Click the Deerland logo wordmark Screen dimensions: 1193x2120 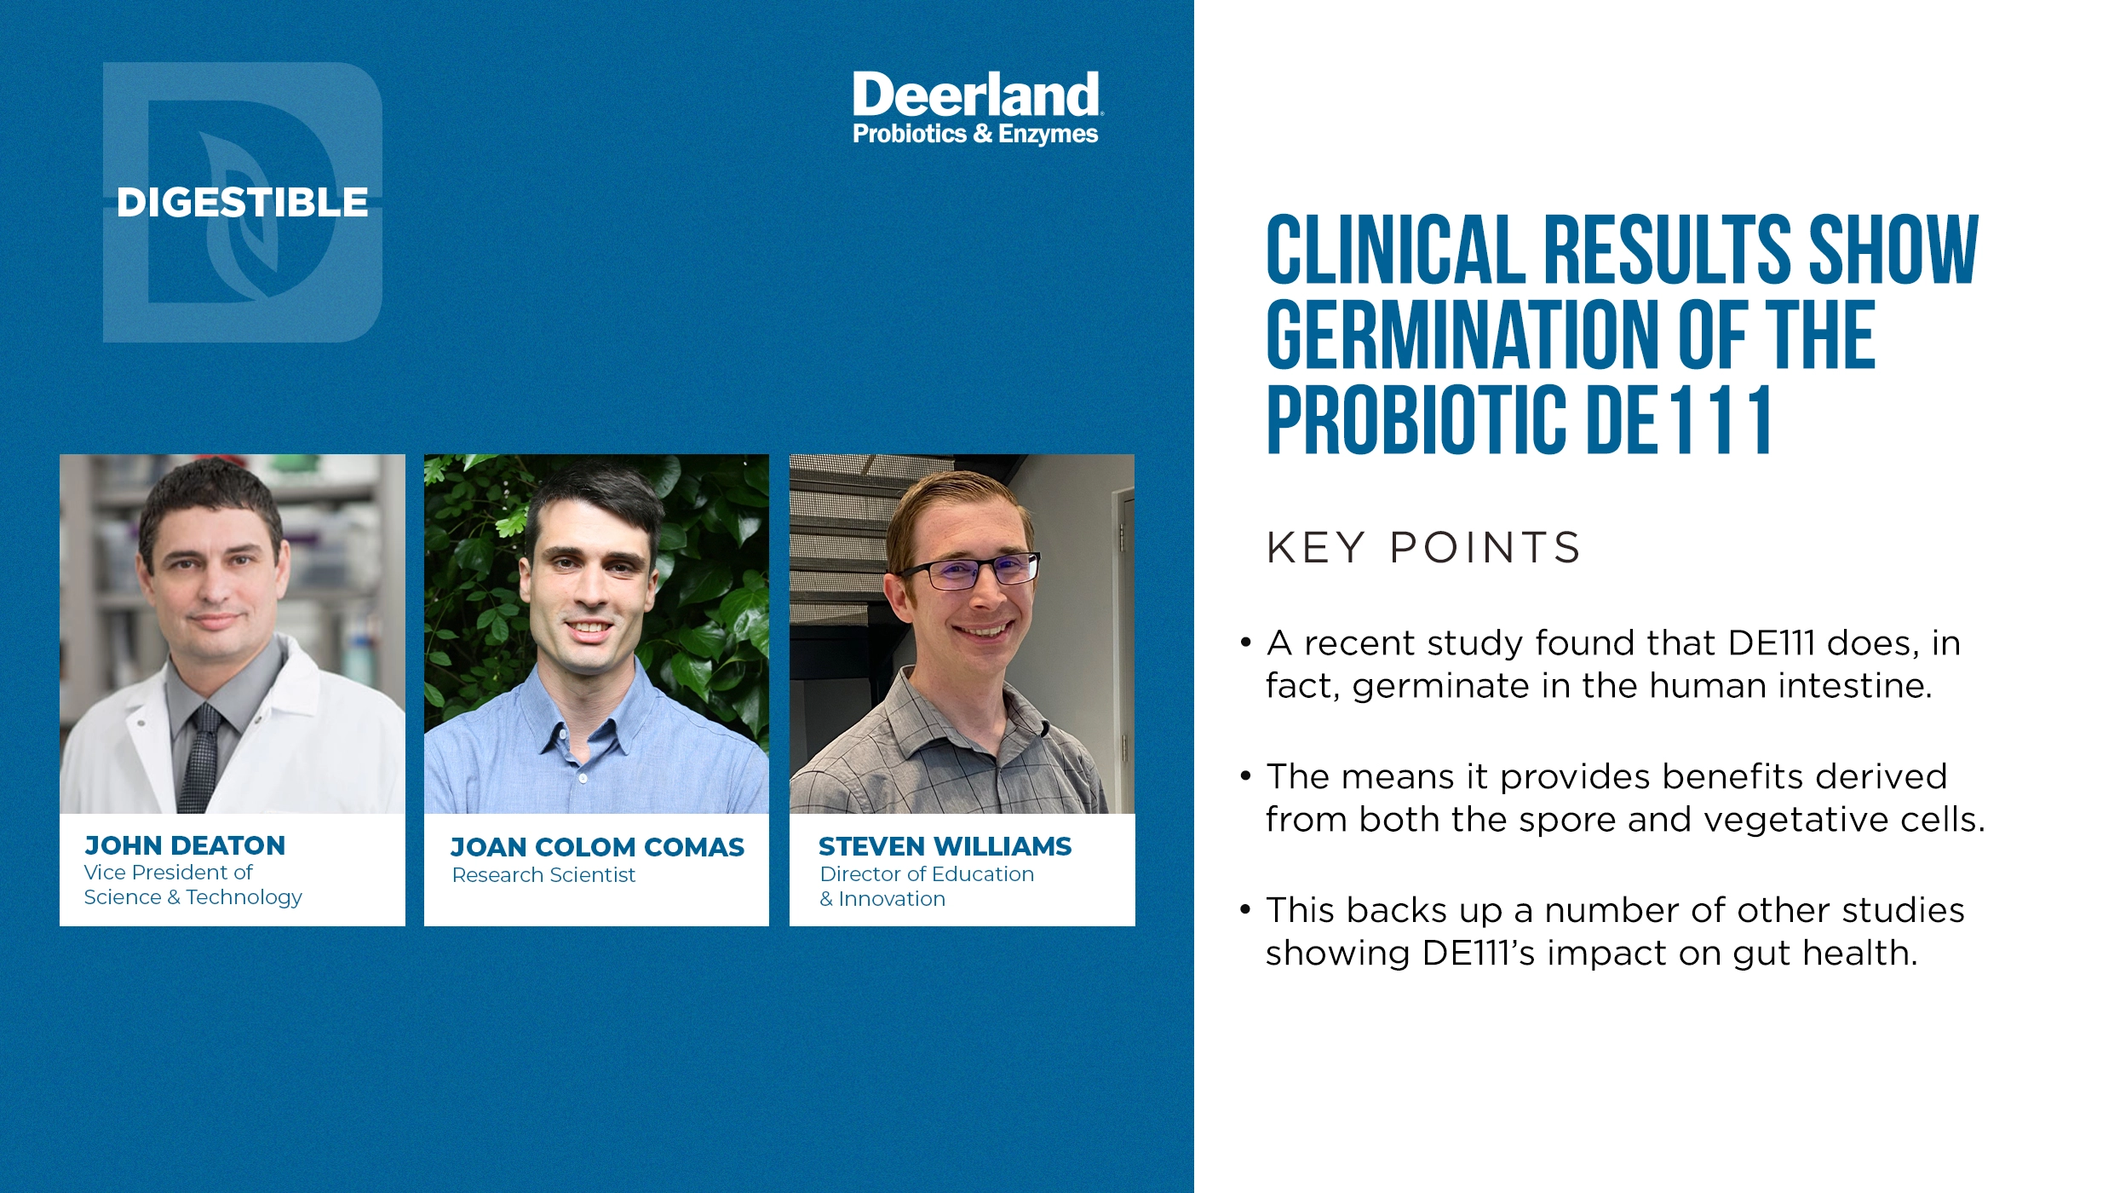tap(975, 95)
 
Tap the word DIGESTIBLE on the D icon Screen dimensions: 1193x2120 tap(242, 203)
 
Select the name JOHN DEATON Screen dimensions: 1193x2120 tap(185, 845)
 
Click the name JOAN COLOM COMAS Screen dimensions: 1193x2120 tap(597, 847)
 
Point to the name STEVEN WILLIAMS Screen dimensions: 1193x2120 tap(945, 846)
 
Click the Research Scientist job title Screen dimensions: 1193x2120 tap(543, 875)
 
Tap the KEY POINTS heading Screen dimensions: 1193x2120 tap(1423, 548)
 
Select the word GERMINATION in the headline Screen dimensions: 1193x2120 tap(1462, 335)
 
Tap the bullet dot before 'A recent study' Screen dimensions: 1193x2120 tap(1246, 643)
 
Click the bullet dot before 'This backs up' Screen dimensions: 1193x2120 tap(1246, 910)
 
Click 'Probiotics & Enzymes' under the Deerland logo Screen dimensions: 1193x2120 tap(975, 134)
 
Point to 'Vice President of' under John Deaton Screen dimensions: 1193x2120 tap(168, 873)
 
